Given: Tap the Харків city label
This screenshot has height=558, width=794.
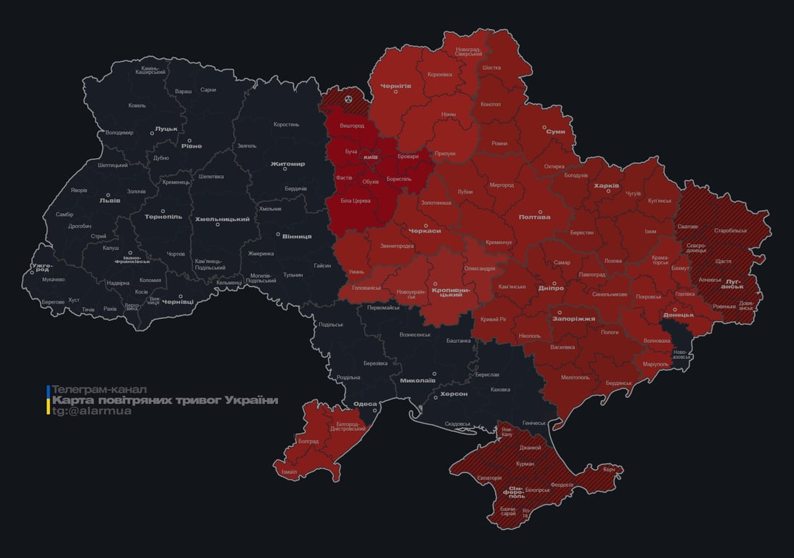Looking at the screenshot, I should coord(606,186).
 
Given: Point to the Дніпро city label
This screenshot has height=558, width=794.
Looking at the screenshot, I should coord(551,288).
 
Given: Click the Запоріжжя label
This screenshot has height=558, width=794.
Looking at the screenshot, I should coord(573,318).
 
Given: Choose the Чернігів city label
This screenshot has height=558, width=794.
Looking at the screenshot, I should coord(396,86).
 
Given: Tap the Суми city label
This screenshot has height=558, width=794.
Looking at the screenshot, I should coord(555,132).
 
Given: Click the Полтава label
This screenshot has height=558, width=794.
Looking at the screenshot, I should coord(534,217).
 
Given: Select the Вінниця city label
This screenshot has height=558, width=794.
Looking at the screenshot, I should coord(297,236).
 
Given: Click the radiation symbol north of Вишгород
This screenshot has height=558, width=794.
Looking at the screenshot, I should coord(349,97).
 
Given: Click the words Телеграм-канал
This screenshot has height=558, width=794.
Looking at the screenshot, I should coord(99,389).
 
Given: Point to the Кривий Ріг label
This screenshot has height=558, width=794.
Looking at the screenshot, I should coord(494,320).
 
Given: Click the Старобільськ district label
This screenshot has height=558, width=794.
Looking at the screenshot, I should coord(730,230).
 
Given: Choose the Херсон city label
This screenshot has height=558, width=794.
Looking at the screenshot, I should coord(454,394).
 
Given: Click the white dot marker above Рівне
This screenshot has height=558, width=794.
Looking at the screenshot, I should coord(190,141).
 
